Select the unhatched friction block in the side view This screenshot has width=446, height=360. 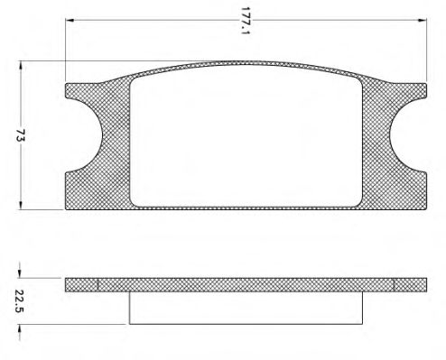click(246, 307)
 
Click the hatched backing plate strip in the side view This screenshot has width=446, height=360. click(246, 283)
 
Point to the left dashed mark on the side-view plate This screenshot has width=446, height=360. click(97, 283)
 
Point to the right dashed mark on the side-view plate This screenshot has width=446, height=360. click(395, 283)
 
